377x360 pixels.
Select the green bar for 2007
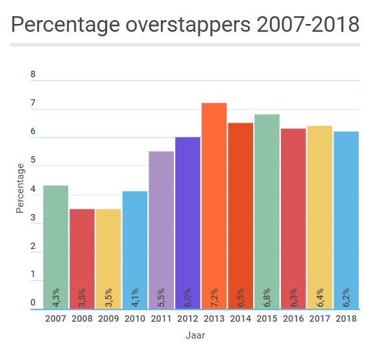(x=56, y=247)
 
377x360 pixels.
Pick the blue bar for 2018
(x=346, y=220)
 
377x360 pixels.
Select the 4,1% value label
(x=136, y=296)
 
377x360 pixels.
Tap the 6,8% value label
(x=267, y=296)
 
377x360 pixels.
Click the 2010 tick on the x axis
(x=135, y=318)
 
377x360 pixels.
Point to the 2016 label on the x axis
(x=293, y=318)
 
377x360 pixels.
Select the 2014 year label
(x=241, y=318)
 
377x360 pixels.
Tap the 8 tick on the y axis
(x=33, y=75)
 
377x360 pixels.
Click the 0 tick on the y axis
(x=33, y=302)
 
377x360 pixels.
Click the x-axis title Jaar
(x=195, y=336)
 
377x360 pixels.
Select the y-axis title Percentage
(x=21, y=188)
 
